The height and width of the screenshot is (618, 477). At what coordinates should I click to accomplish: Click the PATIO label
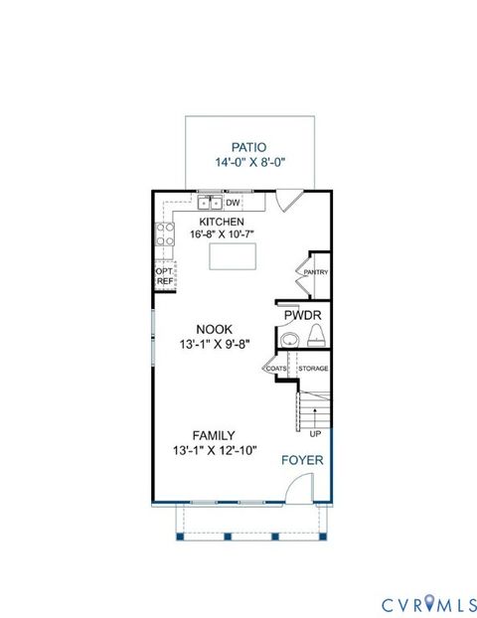point(250,145)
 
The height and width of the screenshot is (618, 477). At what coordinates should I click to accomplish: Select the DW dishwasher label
point(235,203)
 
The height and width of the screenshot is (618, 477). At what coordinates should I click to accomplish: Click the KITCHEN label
point(222,222)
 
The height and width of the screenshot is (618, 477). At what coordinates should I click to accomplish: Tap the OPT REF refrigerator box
point(165,275)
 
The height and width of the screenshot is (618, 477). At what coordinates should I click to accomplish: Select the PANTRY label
point(316,272)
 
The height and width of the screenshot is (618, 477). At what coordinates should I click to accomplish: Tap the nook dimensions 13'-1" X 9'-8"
point(214,345)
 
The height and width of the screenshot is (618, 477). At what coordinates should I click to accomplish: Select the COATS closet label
point(275,369)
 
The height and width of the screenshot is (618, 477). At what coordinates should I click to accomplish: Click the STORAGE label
point(313,369)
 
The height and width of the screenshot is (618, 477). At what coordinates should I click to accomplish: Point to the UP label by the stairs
point(314,433)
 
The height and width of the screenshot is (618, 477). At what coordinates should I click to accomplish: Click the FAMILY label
point(214,435)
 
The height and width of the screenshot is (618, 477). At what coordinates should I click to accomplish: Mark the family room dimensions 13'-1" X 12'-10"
point(214,451)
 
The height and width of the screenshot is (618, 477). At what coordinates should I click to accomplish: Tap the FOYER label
point(301,460)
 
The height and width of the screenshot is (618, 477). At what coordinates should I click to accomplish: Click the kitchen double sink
point(211,203)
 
